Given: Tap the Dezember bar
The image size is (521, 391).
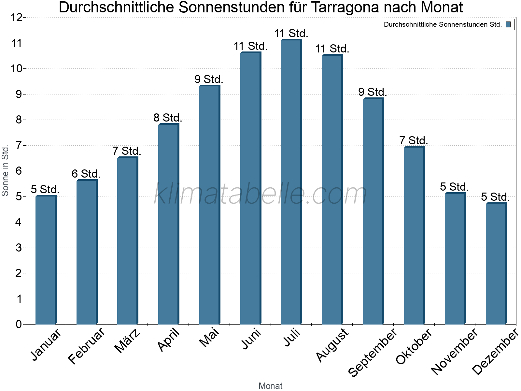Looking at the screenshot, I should (496, 264).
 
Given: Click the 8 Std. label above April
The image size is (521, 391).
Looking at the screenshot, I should (168, 118).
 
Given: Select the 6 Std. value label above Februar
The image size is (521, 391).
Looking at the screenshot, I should (86, 174).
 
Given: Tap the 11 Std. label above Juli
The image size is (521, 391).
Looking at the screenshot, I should (291, 34).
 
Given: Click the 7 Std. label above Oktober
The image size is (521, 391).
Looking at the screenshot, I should (414, 141).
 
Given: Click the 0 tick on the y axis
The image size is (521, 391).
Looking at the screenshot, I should (19, 324).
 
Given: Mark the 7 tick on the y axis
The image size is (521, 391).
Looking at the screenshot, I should (19, 145).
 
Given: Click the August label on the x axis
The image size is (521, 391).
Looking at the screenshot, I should (332, 345).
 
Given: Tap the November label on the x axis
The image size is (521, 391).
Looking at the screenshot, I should (455, 351).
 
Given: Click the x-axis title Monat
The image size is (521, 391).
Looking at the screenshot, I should (270, 386).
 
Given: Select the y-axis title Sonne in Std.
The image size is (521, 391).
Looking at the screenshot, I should (5, 170).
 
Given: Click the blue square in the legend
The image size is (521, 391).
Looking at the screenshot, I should (508, 24).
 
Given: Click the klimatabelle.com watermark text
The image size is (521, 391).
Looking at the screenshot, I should (260, 194).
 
